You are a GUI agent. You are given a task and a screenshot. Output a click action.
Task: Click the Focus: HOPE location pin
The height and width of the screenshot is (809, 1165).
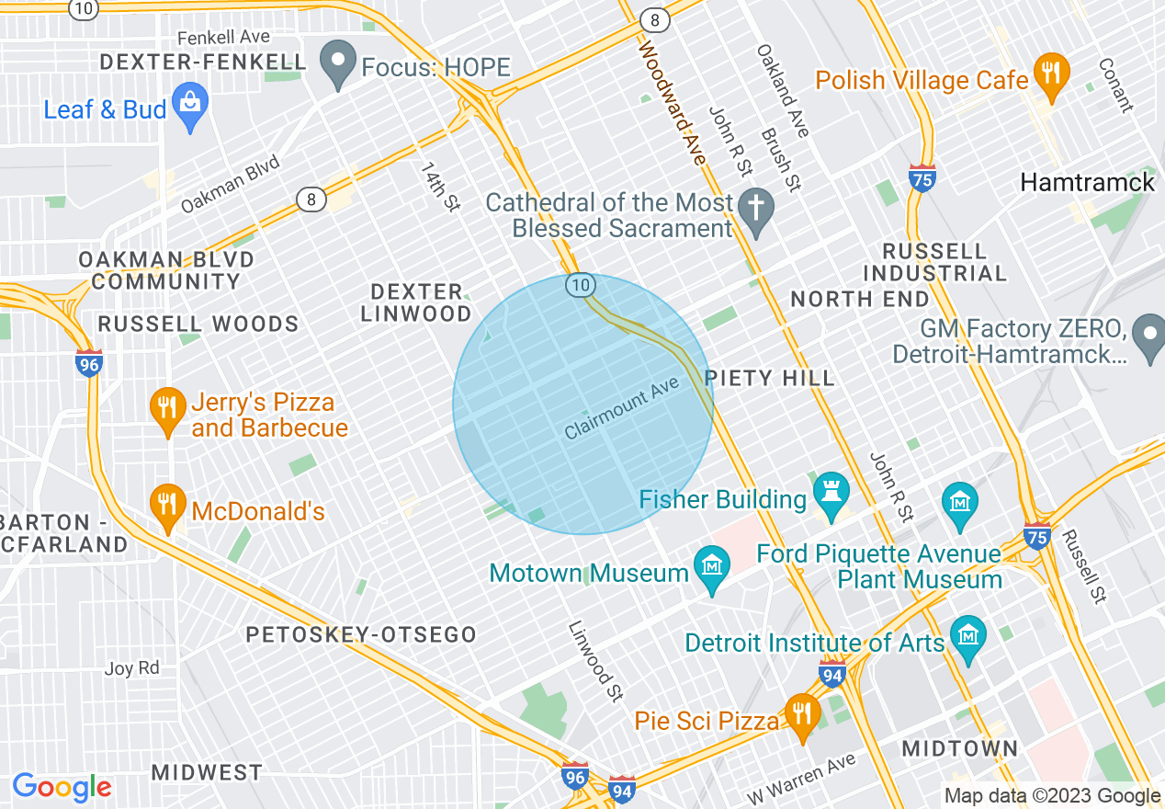[338, 65]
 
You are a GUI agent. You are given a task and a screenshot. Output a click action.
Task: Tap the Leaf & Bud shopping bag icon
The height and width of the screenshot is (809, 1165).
[190, 108]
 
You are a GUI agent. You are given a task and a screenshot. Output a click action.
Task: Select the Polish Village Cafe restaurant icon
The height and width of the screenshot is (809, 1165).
[1050, 77]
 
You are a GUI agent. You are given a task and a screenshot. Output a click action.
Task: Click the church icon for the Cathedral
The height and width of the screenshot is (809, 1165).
[756, 212]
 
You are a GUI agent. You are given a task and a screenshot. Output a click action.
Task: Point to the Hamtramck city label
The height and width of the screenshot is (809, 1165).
[1087, 182]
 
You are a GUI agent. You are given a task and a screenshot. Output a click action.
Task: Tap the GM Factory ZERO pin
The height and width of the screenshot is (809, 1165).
[1148, 338]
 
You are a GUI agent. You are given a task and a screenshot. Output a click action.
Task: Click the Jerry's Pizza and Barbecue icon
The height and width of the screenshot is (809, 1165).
[166, 413]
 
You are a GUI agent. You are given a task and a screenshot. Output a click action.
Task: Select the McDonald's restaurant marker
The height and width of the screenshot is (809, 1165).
[166, 508]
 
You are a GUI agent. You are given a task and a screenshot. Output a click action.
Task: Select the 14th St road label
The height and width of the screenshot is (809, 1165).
[440, 188]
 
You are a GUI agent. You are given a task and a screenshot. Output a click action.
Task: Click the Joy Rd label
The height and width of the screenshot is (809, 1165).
[131, 668]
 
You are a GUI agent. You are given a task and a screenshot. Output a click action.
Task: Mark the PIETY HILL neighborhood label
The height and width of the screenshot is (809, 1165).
[769, 378]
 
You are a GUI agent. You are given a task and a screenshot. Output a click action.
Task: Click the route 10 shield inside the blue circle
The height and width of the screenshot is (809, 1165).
[579, 285]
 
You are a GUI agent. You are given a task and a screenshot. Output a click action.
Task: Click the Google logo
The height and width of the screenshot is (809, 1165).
[62, 787]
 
